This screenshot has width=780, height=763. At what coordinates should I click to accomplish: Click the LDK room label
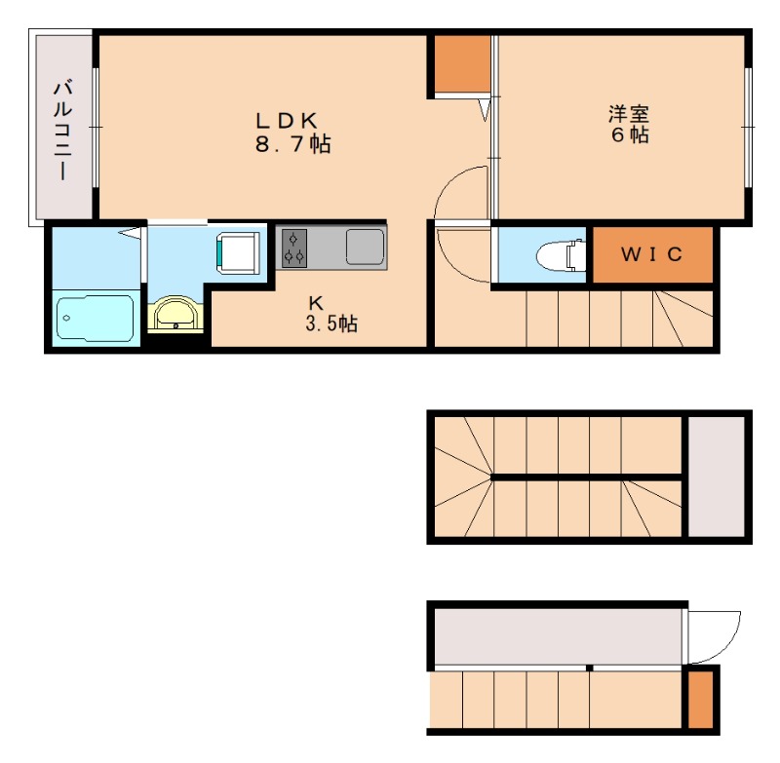(x=287, y=121)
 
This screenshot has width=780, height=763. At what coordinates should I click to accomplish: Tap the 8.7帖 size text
(x=293, y=144)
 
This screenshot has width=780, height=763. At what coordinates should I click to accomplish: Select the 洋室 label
(x=629, y=114)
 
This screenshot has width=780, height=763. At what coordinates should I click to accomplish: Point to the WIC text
(x=651, y=254)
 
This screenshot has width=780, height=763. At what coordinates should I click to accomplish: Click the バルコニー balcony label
(x=63, y=131)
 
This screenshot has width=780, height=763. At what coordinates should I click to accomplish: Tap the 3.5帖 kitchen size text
(x=331, y=324)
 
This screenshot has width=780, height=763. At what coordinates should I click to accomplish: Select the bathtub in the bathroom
(x=95, y=318)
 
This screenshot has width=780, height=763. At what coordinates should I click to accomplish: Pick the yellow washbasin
(x=175, y=313)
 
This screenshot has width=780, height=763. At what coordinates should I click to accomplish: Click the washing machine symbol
(x=238, y=253)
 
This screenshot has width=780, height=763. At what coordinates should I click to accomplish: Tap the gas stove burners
(x=294, y=248)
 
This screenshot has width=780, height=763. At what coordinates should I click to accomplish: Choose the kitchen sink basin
(x=365, y=247)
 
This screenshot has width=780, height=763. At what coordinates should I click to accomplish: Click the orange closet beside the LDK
(x=462, y=63)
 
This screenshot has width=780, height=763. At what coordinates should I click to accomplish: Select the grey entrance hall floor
(x=559, y=636)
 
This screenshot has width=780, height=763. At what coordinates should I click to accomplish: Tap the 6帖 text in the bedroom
(x=630, y=135)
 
